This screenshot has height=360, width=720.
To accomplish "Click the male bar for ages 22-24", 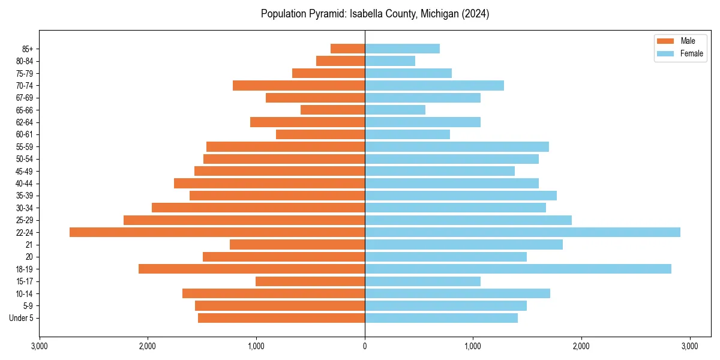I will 217,232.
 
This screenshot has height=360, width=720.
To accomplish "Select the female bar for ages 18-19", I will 518,269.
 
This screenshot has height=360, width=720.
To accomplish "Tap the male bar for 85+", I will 347,49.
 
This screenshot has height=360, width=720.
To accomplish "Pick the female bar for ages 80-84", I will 390,61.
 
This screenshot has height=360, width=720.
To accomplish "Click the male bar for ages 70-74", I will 299,85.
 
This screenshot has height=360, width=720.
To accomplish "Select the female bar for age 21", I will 464,244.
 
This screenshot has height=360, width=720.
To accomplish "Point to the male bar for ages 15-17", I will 310,281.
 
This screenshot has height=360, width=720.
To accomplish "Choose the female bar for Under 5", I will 441,318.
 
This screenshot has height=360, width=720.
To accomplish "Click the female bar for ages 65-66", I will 395,110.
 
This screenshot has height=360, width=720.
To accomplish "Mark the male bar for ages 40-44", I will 269,183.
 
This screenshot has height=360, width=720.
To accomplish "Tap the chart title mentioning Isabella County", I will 375,14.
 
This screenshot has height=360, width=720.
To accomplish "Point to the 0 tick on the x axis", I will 365,346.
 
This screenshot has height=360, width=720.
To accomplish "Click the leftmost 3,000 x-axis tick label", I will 39,346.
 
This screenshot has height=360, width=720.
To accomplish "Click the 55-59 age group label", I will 24,146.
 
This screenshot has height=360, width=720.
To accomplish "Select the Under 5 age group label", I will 21,318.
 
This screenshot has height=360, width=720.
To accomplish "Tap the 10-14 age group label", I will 24,293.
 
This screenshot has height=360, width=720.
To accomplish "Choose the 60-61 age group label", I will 24,134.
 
